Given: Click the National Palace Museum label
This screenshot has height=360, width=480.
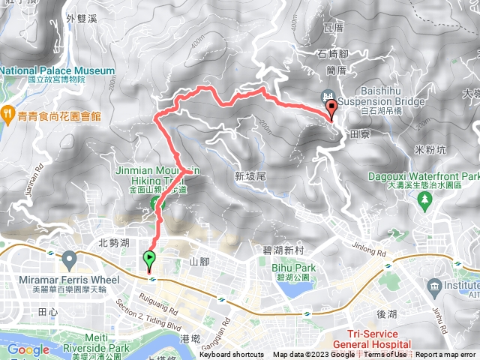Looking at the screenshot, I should coord(58,71).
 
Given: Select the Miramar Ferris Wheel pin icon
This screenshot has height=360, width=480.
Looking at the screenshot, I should coord(70,261).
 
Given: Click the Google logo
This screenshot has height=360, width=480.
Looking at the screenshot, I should coord(28,349).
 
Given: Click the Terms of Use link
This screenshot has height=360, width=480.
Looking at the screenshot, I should coord(385,355).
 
